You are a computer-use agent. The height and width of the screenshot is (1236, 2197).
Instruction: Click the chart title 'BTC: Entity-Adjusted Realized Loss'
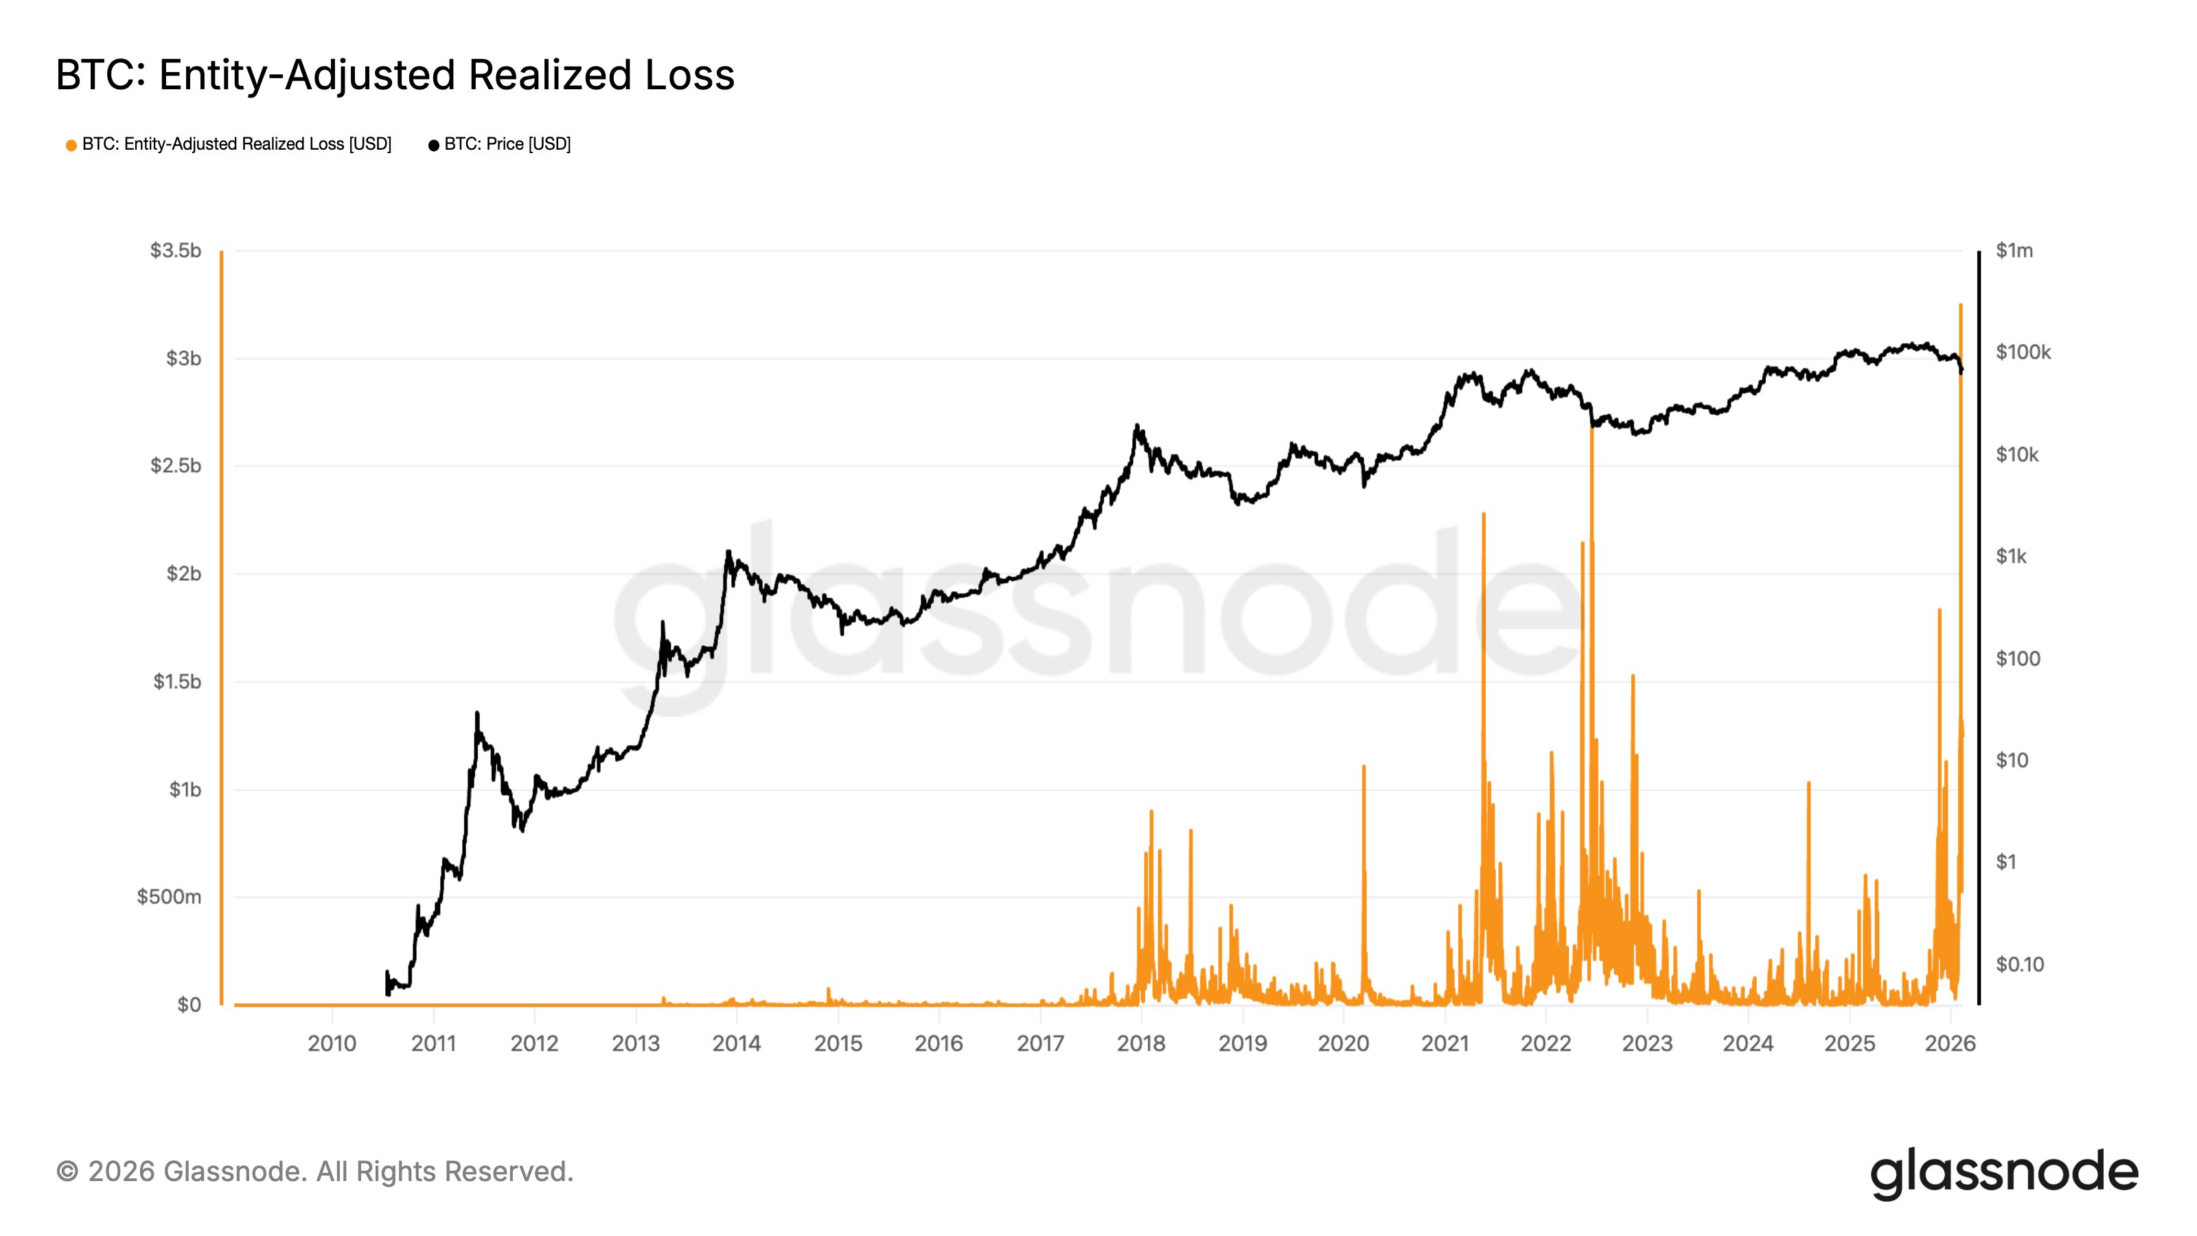[395, 75]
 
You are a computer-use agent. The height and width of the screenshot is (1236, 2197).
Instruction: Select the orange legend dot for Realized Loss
[71, 146]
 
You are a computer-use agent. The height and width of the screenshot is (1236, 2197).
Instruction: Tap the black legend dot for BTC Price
[433, 146]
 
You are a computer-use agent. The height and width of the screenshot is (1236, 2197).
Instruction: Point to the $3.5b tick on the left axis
[176, 251]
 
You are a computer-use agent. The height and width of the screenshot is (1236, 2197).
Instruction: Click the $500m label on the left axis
[169, 897]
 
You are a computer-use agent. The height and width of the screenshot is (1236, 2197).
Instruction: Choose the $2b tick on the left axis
[183, 574]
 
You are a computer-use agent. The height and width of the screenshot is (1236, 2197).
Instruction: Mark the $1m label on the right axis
[2014, 251]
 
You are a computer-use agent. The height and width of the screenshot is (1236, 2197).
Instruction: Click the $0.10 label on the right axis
[2020, 965]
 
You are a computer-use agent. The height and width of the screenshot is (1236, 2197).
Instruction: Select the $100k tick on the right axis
[2023, 352]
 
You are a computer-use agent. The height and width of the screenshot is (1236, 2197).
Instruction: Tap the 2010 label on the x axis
[332, 1043]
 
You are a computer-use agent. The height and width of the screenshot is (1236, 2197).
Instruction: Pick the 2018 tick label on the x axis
[1141, 1043]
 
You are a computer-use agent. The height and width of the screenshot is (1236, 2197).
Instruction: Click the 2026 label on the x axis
[1950, 1043]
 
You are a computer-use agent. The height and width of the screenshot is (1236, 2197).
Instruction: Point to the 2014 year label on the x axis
[737, 1043]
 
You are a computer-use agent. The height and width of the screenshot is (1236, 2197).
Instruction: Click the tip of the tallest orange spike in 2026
[1961, 306]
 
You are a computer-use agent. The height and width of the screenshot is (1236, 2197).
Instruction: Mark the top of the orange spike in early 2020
[1364, 767]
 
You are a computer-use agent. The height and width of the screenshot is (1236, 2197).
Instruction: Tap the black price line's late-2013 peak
[728, 552]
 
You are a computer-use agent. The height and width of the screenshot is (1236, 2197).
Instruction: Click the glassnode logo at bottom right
[2003, 1174]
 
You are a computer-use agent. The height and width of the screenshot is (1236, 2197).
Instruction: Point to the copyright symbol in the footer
[67, 1172]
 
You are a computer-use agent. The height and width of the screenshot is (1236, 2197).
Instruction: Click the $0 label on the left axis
[189, 1005]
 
